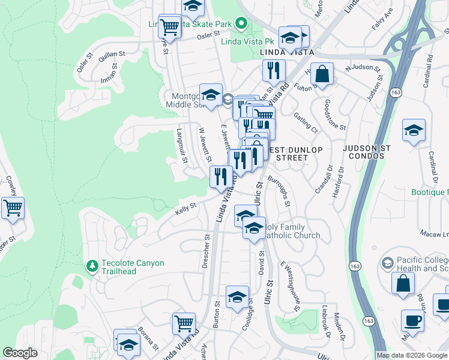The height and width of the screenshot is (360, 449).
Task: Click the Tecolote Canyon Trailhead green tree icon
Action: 92,265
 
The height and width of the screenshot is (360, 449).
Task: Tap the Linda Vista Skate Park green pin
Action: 241,24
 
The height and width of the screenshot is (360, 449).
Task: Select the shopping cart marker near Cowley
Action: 13,209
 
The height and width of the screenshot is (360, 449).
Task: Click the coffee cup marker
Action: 412,321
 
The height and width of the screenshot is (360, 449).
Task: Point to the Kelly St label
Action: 185,207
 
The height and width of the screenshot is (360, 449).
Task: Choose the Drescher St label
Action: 206,249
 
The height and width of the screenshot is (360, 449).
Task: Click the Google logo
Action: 20,353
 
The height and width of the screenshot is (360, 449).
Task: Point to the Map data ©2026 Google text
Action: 411,355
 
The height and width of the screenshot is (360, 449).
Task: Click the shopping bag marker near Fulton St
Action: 322,74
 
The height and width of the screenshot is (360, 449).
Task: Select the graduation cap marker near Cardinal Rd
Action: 414,131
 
